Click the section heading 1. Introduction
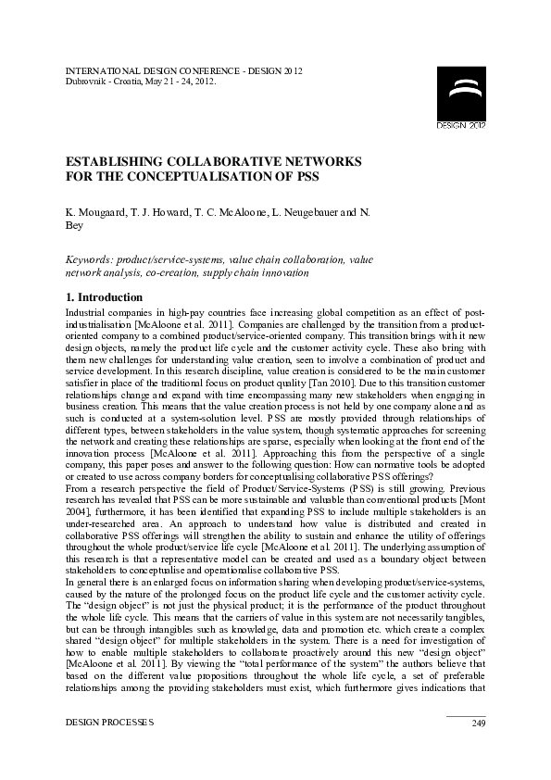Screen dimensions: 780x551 pyautogui.click(x=104, y=297)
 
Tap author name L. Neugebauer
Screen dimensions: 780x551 pyautogui.click(x=307, y=212)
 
